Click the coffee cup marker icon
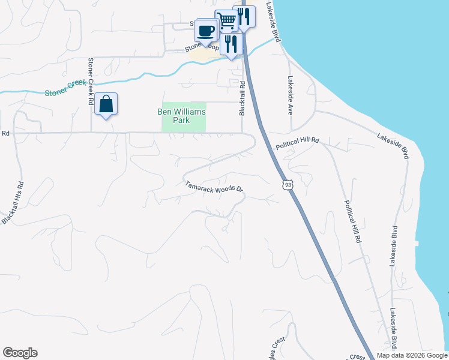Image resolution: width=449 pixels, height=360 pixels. pyautogui.click(x=206, y=30)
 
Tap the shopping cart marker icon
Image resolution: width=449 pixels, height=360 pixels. pyautogui.click(x=226, y=21)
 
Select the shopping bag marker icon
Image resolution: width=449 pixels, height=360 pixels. pyautogui.click(x=106, y=104)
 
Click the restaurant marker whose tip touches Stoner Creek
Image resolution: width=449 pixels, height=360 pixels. pyautogui.click(x=231, y=44)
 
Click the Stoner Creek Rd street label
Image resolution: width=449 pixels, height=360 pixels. pyautogui.click(x=91, y=82)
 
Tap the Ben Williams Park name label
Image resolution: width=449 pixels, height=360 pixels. pyautogui.click(x=181, y=116)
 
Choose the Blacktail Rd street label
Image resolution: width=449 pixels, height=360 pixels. pyautogui.click(x=242, y=98)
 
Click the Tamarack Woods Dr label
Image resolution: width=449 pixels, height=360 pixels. pyautogui.click(x=214, y=188)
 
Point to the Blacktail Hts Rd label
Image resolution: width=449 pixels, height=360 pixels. pyautogui.click(x=13, y=203)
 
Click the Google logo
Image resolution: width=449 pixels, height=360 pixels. pyautogui.click(x=20, y=353)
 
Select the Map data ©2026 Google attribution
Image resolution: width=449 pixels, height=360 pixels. pyautogui.click(x=412, y=355)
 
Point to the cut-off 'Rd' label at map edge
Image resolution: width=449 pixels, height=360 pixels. pyautogui.click(x=6, y=133)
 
